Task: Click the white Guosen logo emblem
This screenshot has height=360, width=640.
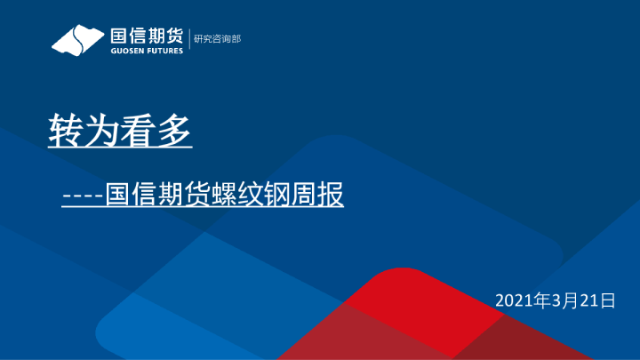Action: (77, 40)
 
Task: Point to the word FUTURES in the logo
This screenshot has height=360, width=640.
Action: (165, 50)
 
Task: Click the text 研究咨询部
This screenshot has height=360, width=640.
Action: (217, 38)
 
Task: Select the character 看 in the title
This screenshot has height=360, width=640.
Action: (140, 132)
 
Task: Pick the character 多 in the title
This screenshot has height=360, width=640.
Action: (175, 132)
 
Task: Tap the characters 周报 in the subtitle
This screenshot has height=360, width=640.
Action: (319, 195)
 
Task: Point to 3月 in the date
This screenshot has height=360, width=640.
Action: (564, 301)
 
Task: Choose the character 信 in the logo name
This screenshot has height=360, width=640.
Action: (138, 35)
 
